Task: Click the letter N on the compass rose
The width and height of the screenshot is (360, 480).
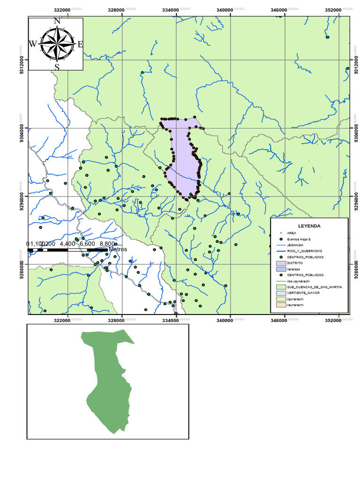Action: click(x=57, y=21)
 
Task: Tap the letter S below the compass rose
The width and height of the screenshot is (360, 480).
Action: click(x=57, y=67)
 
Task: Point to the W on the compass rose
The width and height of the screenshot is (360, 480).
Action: click(x=33, y=44)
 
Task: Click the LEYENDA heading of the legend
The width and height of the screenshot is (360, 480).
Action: click(x=309, y=226)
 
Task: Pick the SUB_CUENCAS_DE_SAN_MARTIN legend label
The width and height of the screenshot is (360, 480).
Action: click(x=314, y=286)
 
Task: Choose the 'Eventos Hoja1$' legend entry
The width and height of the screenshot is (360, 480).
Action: click(x=300, y=239)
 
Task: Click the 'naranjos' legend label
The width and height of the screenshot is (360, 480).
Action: click(x=294, y=270)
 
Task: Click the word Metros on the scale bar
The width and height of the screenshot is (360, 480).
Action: click(x=118, y=249)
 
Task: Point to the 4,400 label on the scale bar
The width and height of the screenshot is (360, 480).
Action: click(x=67, y=244)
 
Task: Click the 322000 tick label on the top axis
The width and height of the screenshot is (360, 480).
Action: click(x=62, y=10)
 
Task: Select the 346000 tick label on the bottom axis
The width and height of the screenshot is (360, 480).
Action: click(x=279, y=321)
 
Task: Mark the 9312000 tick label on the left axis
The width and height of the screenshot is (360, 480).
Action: click(x=22, y=60)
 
